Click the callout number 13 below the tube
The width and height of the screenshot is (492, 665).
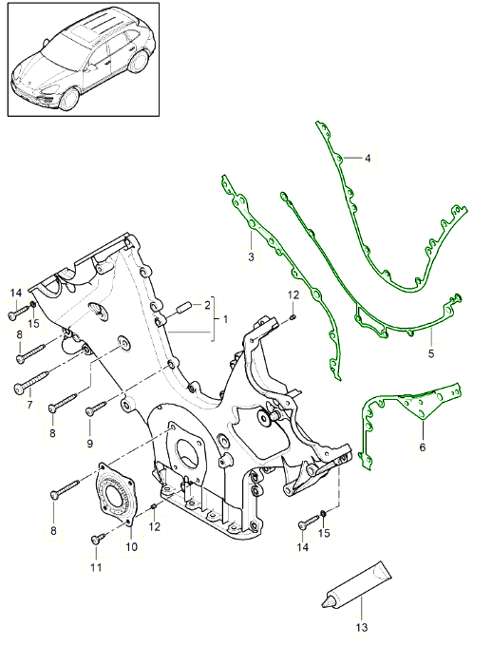[x=361, y=627]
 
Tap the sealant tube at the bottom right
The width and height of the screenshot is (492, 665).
[x=356, y=585]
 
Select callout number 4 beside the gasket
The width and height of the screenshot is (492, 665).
[x=368, y=159]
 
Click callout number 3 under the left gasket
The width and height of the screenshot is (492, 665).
[x=251, y=256]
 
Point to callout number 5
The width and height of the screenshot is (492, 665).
[x=431, y=353]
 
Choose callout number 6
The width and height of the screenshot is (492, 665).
[x=423, y=447]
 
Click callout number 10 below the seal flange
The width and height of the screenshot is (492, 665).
[x=131, y=546]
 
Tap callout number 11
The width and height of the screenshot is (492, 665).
[x=96, y=567]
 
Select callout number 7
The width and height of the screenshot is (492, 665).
[x=29, y=405]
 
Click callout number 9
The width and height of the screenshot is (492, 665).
[x=90, y=444]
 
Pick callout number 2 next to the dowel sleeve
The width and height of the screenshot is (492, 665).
[x=207, y=305]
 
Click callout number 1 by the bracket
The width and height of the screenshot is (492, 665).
[x=225, y=319]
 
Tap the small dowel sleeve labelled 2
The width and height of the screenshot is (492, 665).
[x=183, y=308]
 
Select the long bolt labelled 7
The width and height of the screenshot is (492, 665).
[x=31, y=381]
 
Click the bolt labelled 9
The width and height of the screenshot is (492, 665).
[x=96, y=408]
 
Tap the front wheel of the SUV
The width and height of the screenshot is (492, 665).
[x=69, y=98]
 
